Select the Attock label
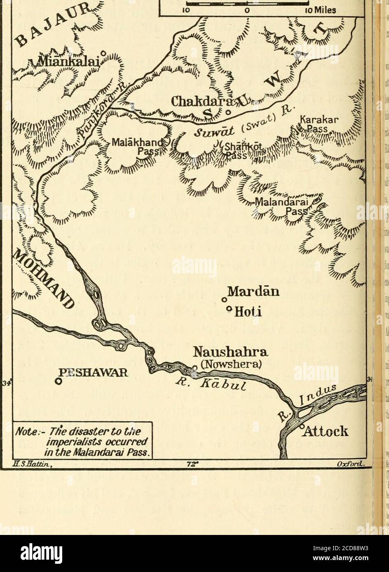click(x=328, y=432)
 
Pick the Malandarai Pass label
click(x=287, y=207)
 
